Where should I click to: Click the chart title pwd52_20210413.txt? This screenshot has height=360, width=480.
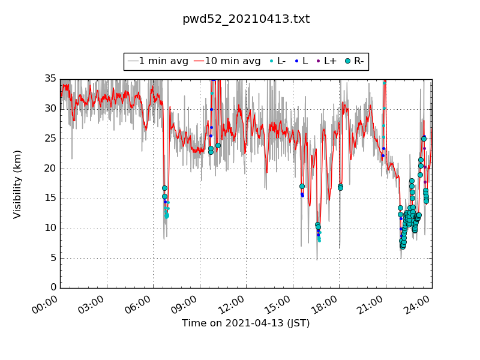pos(246,19)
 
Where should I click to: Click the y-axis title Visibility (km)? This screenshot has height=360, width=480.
pos(17,184)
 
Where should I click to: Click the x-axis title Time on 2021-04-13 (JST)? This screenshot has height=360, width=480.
pos(246,323)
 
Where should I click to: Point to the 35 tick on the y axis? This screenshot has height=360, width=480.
pos(50,79)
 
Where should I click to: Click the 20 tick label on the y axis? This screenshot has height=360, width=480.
pos(50,169)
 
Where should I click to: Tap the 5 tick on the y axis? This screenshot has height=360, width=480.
pos(53,258)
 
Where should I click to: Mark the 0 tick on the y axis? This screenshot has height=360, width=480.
pos(53,288)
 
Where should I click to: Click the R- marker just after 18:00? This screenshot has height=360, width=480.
pos(340,187)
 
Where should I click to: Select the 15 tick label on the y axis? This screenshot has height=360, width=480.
pos(50,199)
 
